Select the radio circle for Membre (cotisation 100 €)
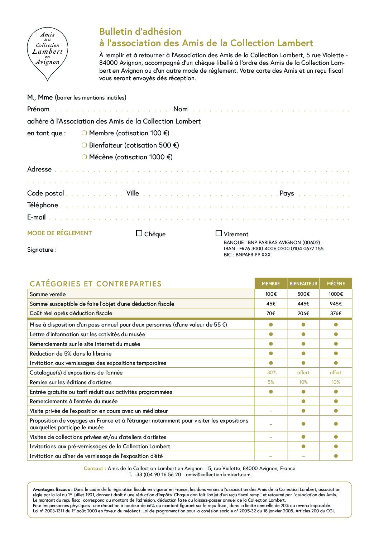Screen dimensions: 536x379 coord(85,133)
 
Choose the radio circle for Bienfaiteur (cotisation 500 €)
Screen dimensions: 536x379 coord(85,145)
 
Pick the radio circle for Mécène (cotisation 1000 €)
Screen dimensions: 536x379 coord(85,157)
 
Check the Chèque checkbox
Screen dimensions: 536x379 coord(139,233)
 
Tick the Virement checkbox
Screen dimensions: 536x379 coord(219,233)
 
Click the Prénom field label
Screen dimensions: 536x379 coord(38,109)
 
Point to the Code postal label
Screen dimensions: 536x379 coord(45,193)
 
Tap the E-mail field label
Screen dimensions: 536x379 coord(37,217)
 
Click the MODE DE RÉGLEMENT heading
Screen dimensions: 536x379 coord(59,233)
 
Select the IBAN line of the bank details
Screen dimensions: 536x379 coord(273,248)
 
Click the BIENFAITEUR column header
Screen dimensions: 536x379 coord(303,284)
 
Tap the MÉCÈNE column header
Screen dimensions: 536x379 coord(336,284)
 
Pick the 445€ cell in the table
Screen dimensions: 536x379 coord(303,304)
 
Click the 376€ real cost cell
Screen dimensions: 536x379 coord(336,313)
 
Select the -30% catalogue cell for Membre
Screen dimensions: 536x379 coord(271,373)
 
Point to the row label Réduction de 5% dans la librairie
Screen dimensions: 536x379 coord(71,354)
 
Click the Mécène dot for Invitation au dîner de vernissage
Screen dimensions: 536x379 coord(336,456)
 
